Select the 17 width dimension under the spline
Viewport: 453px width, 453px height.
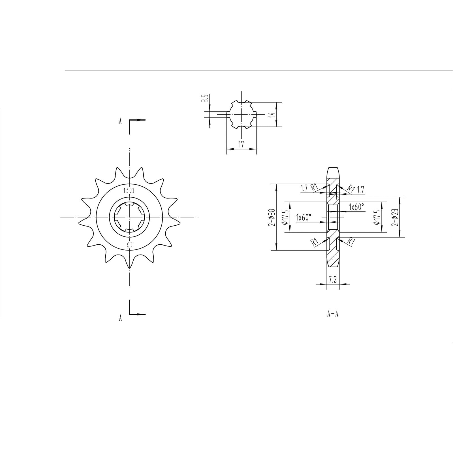[241, 144]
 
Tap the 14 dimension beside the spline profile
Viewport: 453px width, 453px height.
[272, 114]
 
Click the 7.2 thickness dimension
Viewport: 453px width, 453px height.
[333, 280]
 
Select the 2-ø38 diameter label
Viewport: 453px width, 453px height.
[272, 217]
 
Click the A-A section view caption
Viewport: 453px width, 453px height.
[333, 314]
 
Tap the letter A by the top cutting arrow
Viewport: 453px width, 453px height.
[120, 122]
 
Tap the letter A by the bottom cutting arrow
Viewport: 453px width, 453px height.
[120, 318]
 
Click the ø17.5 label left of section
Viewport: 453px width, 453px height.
[285, 217]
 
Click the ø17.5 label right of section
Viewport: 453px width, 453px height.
[376, 217]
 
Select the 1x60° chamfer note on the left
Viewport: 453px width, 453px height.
[304, 217]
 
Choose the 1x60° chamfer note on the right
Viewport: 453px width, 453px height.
[356, 207]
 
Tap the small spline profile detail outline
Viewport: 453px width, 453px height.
[242, 114]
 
